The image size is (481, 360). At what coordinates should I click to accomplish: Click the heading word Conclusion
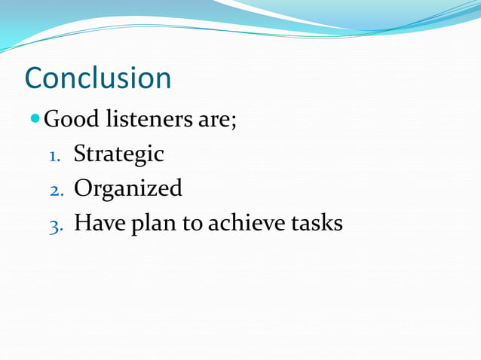(x=98, y=78)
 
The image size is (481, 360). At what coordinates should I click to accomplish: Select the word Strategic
(x=118, y=154)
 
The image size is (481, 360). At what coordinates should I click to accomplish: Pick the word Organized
(x=127, y=188)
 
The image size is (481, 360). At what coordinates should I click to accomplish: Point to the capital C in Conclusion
(x=35, y=78)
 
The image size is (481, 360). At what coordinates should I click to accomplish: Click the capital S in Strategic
(x=79, y=154)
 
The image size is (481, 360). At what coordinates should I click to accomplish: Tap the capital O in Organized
(x=83, y=188)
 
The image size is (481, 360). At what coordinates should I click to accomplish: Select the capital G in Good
(x=52, y=119)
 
